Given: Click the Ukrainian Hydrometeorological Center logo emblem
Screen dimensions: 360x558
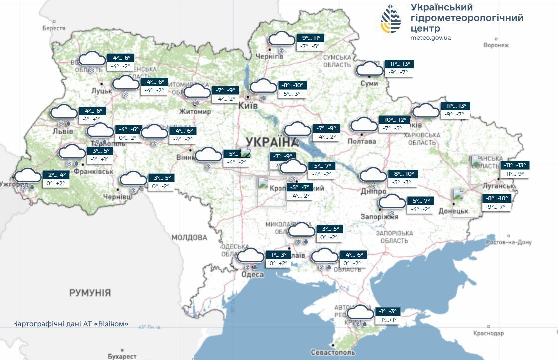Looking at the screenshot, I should [x=391, y=19].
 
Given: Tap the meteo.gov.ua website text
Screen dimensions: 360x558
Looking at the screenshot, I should [x=430, y=37].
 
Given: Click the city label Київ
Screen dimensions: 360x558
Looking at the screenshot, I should [x=248, y=106].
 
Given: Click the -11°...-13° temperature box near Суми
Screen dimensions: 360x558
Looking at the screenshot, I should [x=399, y=64].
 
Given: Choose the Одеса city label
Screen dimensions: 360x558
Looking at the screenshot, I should [x=252, y=274].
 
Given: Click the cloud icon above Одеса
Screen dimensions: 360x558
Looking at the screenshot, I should [x=250, y=256].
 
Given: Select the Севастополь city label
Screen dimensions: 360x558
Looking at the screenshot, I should [x=333, y=352].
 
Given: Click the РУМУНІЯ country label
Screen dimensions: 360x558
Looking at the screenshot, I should [x=90, y=293].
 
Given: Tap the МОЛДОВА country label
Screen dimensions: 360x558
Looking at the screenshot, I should [x=189, y=237].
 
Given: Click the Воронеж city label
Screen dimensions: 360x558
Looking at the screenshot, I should [x=496, y=45].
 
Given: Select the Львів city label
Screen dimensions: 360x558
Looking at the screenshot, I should [x=62, y=131].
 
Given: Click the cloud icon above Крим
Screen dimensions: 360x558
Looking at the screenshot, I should [x=360, y=313].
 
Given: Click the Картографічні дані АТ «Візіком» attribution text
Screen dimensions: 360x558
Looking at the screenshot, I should [x=71, y=324].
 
